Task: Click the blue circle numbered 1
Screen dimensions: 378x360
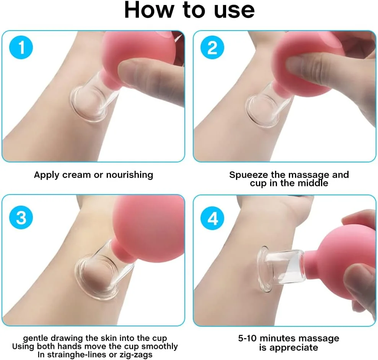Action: [21, 47]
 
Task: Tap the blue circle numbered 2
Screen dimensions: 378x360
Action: [212, 47]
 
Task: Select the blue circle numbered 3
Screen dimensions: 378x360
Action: [21, 217]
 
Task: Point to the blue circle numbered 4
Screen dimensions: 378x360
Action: [212, 218]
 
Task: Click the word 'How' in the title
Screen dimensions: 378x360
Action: [149, 10]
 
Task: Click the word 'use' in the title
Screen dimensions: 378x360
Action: [234, 11]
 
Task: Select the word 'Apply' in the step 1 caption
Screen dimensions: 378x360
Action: [47, 175]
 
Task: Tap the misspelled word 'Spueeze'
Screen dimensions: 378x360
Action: [249, 175]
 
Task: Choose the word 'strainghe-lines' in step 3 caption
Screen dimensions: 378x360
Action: [81, 355]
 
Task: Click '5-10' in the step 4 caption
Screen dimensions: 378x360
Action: [247, 338]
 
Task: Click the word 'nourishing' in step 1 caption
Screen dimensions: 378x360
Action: [129, 175]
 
